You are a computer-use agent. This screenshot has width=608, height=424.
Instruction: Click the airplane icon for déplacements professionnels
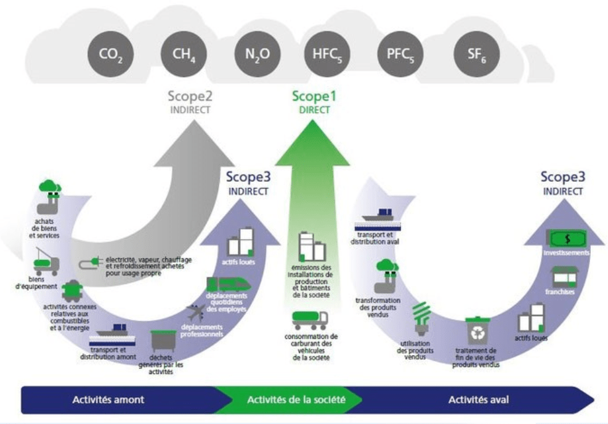click(197, 311)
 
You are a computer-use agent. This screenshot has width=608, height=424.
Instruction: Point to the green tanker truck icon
click(310, 320)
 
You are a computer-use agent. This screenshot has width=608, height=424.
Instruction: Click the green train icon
click(229, 283)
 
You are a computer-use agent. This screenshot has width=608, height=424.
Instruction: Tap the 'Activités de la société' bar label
click(296, 400)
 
